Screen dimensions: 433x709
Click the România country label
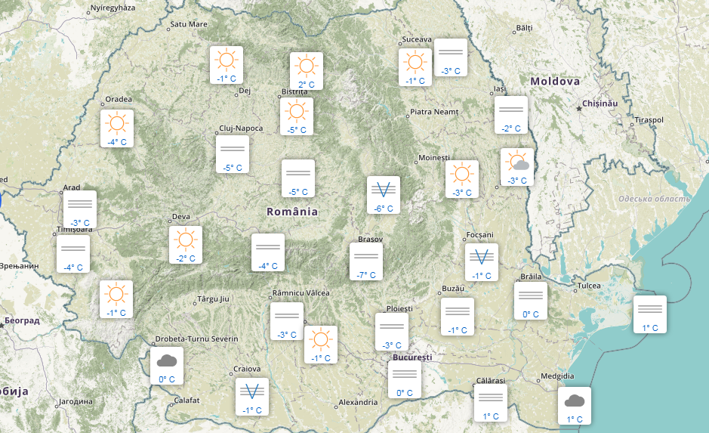pos(292,212)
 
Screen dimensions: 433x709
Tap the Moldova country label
pos(555,82)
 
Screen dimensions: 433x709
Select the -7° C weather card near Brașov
pos(366,261)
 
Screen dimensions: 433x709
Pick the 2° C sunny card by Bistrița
pos(307,70)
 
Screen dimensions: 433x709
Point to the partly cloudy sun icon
pos(517,162)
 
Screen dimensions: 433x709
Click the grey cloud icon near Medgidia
pos(575,401)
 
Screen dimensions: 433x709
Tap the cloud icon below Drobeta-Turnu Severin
pos(167,361)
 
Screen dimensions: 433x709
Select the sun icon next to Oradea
pos(117,123)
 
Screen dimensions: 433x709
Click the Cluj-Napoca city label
pos(241,128)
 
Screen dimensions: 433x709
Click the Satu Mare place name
pos(189,24)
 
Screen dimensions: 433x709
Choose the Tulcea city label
pos(589,286)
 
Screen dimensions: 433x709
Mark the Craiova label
pos(246,369)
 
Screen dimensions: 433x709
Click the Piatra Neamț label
pos(434,112)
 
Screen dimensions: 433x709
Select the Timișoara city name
pos(74,230)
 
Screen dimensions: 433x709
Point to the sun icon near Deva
pos(185,240)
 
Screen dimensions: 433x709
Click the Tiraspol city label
pos(649,120)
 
